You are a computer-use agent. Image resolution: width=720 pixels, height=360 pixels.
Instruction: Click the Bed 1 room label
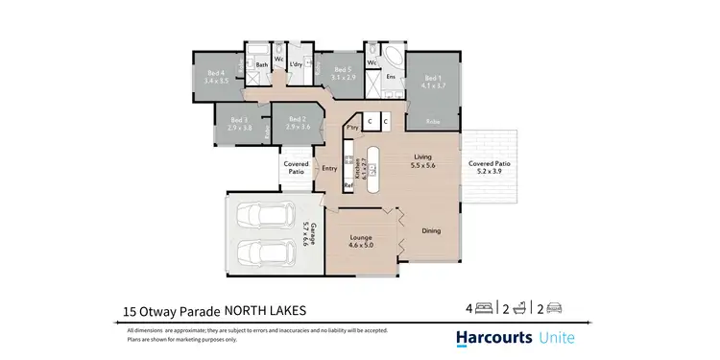(433, 82)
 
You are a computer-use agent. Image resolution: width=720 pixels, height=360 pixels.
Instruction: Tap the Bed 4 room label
(216, 76)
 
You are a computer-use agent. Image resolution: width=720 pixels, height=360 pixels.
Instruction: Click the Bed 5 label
(345, 72)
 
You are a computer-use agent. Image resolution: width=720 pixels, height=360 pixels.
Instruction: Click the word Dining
(431, 230)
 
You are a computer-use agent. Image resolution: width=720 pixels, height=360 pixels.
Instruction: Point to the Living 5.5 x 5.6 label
(423, 161)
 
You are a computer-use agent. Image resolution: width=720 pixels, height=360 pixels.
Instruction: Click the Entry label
(330, 169)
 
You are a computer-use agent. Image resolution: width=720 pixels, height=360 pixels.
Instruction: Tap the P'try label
(351, 127)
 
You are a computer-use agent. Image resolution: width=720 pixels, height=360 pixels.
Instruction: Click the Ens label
(391, 76)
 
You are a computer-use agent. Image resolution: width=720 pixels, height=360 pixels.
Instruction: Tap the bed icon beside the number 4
(485, 309)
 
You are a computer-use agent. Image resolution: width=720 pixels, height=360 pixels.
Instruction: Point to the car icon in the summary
(553, 309)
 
